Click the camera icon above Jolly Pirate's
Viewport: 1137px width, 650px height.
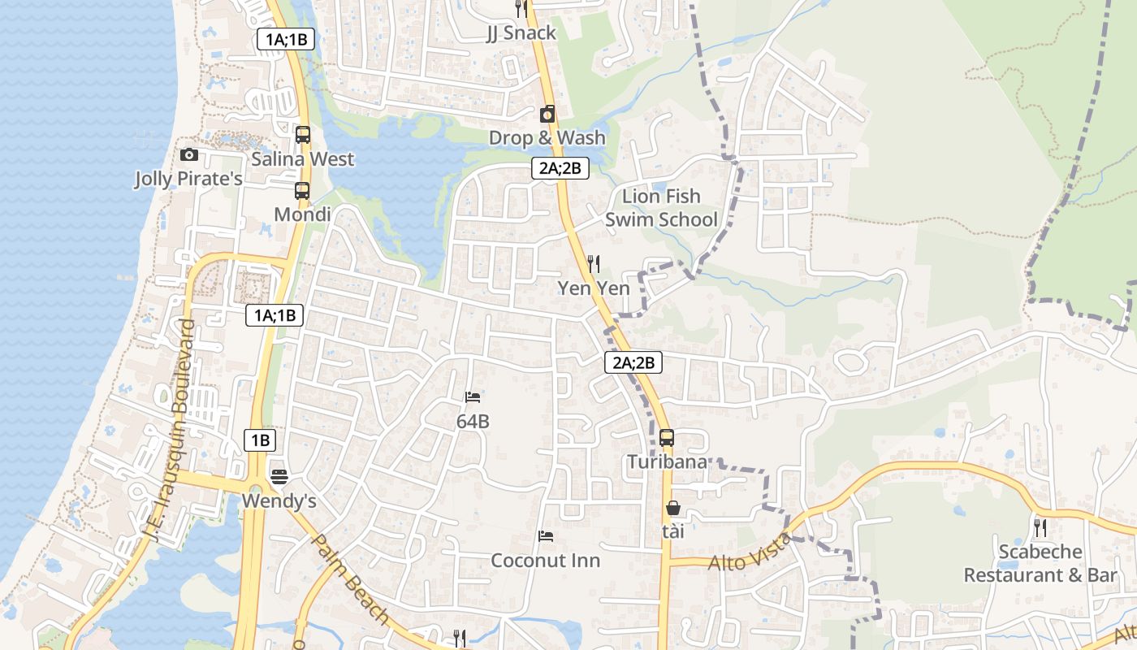(189, 154)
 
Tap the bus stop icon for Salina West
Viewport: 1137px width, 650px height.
(303, 135)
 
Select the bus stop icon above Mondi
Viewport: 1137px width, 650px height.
(302, 191)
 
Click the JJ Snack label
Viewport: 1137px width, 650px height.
(521, 33)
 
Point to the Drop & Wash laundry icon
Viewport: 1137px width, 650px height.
(547, 114)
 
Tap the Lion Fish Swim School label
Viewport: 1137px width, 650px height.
(661, 208)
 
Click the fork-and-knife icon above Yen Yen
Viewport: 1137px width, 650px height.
(594, 263)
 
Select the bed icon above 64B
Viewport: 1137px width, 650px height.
(473, 397)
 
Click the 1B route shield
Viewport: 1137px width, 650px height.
(260, 440)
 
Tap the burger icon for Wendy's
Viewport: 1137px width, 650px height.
(279, 476)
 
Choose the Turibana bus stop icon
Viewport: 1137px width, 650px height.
(667, 437)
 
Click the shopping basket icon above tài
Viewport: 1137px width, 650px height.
(673, 509)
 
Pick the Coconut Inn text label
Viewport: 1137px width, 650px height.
(546, 561)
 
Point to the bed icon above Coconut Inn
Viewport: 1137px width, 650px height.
(546, 536)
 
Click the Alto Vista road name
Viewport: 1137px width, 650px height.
(750, 552)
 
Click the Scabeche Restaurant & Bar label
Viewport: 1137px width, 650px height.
(1040, 563)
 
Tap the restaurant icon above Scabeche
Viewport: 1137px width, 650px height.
(1040, 528)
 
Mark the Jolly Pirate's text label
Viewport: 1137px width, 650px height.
(188, 179)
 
